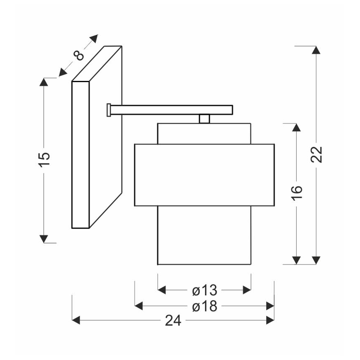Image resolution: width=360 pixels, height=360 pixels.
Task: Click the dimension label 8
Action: (79, 55)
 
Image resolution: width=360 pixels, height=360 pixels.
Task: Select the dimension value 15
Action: (45, 159)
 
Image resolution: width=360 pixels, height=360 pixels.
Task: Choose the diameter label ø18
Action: (205, 306)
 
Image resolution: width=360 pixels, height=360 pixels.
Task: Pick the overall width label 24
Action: (173, 320)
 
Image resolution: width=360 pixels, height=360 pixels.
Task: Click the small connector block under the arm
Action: (204, 119)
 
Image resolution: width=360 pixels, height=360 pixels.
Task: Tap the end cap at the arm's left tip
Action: (109, 110)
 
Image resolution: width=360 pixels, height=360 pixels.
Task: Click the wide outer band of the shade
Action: (204, 175)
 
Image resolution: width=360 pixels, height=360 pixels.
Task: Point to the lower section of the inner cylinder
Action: (204, 234)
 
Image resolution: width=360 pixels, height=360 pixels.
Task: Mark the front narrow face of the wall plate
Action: (81, 155)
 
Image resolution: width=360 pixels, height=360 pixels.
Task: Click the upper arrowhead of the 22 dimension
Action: (316, 50)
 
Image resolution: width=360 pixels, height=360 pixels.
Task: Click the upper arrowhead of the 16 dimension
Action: (296, 128)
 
